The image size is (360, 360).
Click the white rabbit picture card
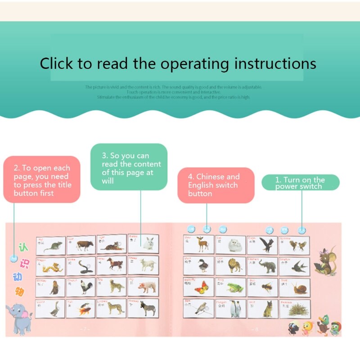(144, 243)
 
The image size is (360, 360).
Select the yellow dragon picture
(50, 267)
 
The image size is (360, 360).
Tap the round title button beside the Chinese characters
(14, 259)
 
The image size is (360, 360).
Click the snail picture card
(295, 287)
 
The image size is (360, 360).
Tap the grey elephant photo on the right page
(262, 266)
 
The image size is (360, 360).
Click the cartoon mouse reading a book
(324, 261)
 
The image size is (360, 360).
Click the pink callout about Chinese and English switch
(216, 185)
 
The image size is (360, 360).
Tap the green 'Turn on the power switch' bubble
(300, 183)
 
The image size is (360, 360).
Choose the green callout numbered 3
(129, 166)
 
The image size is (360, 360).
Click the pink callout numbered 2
(42, 180)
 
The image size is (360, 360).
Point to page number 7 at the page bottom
(85, 329)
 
